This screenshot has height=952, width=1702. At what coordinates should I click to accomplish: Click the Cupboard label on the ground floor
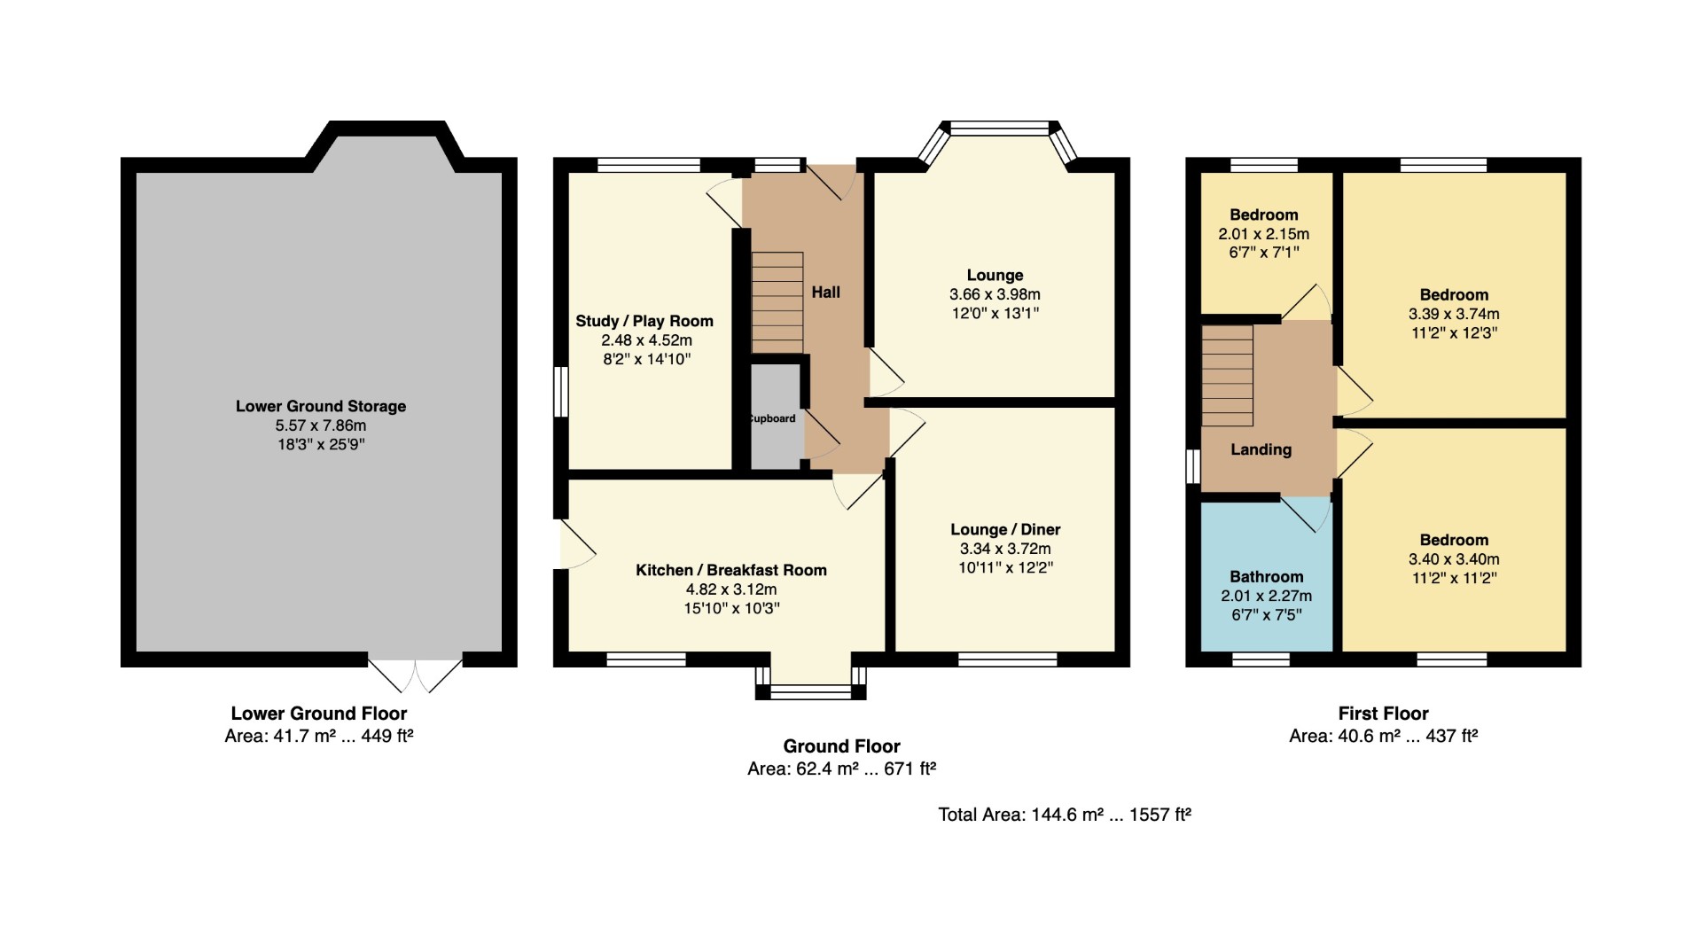[x=773, y=418]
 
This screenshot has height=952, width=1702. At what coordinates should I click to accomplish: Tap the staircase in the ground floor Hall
[x=777, y=303]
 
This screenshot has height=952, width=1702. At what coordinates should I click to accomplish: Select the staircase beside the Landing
[x=1228, y=376]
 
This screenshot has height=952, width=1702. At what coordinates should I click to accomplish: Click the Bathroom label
[x=1266, y=577]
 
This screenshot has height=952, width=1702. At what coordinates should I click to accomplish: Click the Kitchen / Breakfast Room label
[x=731, y=570]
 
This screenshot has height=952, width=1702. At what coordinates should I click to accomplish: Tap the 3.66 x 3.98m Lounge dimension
[x=995, y=294]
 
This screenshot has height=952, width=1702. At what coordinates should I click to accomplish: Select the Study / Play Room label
[x=644, y=321]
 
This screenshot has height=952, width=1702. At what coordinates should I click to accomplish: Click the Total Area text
[x=1065, y=815]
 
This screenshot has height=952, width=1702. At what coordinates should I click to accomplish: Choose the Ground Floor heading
[x=841, y=746]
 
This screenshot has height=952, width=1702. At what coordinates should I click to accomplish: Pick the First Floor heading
[x=1383, y=714]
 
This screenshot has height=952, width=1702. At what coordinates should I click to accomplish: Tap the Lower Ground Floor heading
[x=319, y=714]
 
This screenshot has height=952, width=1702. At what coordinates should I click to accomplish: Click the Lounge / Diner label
[x=1005, y=529]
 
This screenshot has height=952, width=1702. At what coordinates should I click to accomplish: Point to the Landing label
[x=1261, y=449]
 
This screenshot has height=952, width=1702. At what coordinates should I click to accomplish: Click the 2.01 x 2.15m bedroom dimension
[x=1263, y=234]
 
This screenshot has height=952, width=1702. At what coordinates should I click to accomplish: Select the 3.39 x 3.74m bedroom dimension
[x=1454, y=314]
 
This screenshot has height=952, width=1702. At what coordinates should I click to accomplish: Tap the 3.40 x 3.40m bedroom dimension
[x=1454, y=559]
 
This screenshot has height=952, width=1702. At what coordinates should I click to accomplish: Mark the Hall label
[x=825, y=293]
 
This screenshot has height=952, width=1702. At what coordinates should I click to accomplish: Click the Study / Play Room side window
[x=560, y=392]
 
